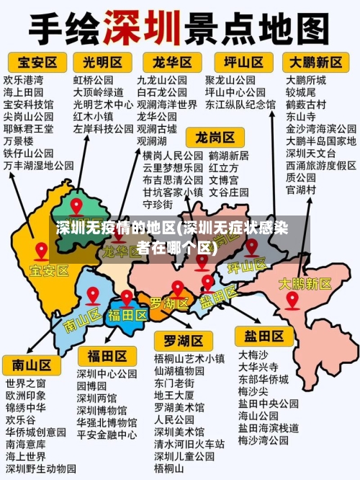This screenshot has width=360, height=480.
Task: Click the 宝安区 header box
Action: (x=32, y=61)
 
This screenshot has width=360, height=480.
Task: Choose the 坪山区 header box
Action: (x=242, y=61)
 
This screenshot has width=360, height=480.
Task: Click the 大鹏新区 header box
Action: (x=316, y=61)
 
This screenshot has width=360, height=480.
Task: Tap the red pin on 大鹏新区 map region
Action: (x=292, y=299)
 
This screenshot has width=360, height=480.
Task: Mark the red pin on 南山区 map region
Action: (x=92, y=295)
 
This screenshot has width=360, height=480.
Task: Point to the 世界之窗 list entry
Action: (x=25, y=382)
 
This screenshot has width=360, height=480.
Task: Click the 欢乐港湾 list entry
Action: (x=23, y=79)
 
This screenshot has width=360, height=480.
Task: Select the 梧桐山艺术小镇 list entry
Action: (x=189, y=357)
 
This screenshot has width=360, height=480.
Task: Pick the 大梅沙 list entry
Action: (x=253, y=354)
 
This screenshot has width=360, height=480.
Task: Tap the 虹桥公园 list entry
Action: (x=93, y=79)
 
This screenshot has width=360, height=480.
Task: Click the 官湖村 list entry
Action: (x=301, y=190)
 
